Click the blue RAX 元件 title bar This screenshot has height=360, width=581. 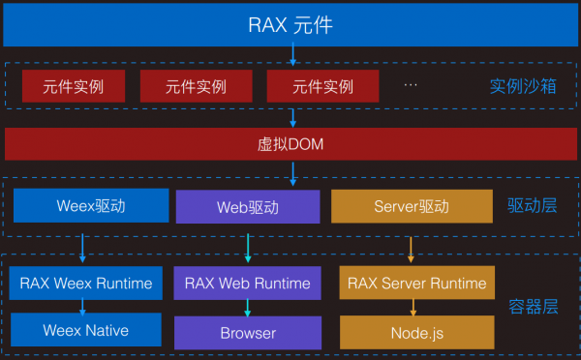[x=290, y=24]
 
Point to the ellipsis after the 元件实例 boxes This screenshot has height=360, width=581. [x=411, y=85]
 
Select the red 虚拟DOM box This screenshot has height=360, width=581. [x=290, y=144]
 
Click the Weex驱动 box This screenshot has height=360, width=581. [x=83, y=206]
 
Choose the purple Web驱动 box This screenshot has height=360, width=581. [x=247, y=207]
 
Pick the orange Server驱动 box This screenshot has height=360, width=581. [x=412, y=206]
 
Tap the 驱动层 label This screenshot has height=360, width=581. [x=533, y=205]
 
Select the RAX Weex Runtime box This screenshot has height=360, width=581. [x=84, y=284]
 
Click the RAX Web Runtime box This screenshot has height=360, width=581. [x=247, y=284]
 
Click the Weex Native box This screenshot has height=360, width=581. [x=84, y=330]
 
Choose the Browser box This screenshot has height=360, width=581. [x=247, y=333]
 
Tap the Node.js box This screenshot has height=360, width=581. [x=416, y=333]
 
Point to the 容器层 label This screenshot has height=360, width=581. [x=533, y=308]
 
